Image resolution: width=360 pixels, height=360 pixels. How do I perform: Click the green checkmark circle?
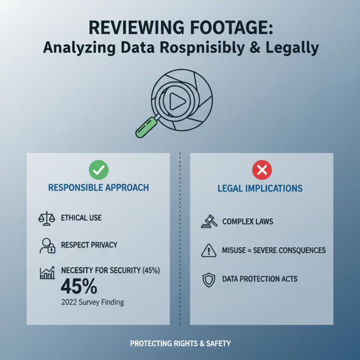click(x=99, y=170)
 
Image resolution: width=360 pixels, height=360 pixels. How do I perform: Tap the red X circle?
click(x=262, y=170)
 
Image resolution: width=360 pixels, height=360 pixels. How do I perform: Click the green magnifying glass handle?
click(x=146, y=127)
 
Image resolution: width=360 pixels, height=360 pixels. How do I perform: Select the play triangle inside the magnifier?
click(x=177, y=101)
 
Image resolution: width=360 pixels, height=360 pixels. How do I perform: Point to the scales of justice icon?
click(x=47, y=218)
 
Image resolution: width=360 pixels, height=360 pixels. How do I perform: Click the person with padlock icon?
click(x=47, y=246)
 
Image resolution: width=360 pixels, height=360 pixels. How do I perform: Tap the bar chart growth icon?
click(x=47, y=273)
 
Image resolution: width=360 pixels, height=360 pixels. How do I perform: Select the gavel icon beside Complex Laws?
click(x=209, y=221)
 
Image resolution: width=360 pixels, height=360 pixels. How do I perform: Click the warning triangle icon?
click(x=209, y=250)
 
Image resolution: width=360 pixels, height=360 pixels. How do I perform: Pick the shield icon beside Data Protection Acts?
click(x=209, y=280)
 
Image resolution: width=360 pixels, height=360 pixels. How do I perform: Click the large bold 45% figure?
click(x=79, y=286)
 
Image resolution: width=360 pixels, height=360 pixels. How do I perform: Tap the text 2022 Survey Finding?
click(x=93, y=302)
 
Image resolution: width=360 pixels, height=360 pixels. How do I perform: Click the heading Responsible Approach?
click(x=99, y=188)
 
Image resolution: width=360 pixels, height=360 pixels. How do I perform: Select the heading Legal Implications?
click(x=260, y=188)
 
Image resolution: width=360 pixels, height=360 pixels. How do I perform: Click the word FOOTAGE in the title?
click(x=232, y=27)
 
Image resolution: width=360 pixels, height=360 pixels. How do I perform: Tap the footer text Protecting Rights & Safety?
click(x=180, y=343)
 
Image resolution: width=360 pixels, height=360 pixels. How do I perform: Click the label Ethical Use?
click(x=81, y=218)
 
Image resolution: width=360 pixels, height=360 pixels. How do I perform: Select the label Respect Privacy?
click(x=89, y=245)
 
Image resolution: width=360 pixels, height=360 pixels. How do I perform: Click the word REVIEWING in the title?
click(x=136, y=27)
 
